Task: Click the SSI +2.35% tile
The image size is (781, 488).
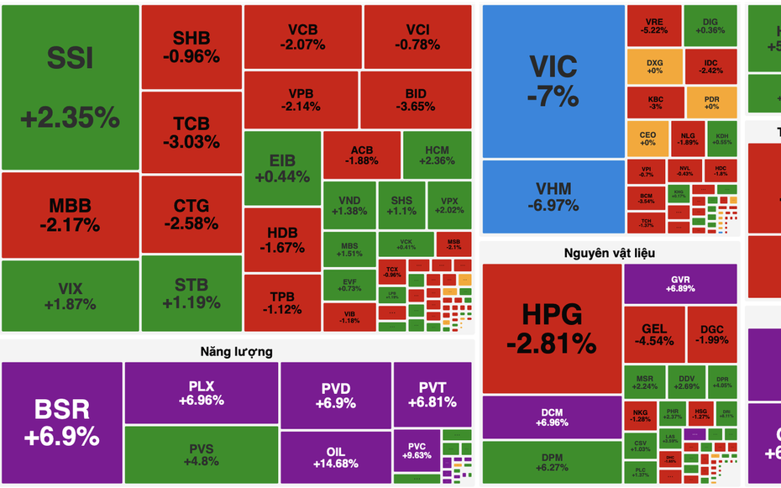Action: tap(70, 88)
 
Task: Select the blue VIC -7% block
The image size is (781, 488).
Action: tap(553, 81)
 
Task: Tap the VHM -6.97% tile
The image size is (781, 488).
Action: tap(553, 197)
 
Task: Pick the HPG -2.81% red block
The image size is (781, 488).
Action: tap(552, 328)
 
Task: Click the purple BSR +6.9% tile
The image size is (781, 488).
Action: tap(61, 422)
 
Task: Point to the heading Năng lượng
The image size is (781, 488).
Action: tap(236, 351)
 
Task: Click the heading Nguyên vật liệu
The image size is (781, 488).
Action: tap(611, 252)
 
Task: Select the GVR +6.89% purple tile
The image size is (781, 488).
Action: tap(680, 284)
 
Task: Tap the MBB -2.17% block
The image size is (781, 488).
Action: tap(70, 215)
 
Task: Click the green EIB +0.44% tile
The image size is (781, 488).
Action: tap(282, 168)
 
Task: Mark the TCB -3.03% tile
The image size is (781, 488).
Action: tap(191, 132)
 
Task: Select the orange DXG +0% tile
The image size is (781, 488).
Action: tap(654, 66)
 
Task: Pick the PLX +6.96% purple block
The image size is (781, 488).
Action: tap(202, 393)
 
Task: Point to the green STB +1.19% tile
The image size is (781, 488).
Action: tap(191, 293)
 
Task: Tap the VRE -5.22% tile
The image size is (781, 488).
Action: tap(654, 25)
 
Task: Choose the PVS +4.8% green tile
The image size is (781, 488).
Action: tap(202, 454)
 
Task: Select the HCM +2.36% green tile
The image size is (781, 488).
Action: tap(436, 155)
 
